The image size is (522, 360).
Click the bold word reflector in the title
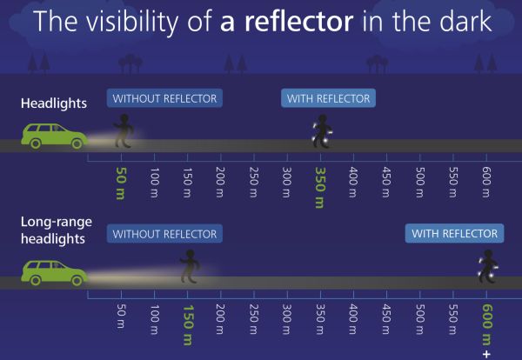pos(298,21)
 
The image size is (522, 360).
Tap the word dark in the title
pos(465,21)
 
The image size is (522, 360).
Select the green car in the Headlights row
pos(54,136)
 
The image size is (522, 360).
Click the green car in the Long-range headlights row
pos(54,273)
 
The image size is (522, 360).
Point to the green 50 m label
pos(121,183)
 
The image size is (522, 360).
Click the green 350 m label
pos(320,188)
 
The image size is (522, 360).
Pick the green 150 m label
pos(188,325)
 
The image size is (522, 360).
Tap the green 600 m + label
pos(486,330)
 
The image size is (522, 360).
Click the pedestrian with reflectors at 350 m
pos(322,131)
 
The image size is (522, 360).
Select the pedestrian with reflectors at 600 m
pos(488,266)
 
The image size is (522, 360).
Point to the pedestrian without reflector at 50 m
pos(124,130)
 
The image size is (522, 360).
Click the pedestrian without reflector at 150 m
pos(190,266)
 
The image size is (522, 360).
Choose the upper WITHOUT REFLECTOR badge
pos(164,98)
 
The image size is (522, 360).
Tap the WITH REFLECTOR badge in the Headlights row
pos(328,98)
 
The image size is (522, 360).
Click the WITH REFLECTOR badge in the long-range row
pos(454,233)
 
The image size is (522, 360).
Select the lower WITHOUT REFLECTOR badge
pos(164,234)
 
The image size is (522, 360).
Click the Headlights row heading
pos(54,103)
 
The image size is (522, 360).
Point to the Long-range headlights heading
pos(57,230)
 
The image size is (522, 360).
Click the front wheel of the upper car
pos(77,143)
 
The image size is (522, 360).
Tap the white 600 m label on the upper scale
pos(486,183)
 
